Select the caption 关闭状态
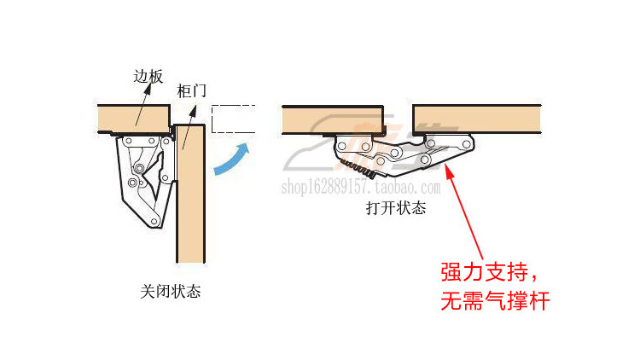(171, 291)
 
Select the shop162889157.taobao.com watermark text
(368, 188)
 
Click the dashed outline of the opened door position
(233, 119)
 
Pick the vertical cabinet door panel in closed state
(190, 196)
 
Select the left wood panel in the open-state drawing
(334, 119)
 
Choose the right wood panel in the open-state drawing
(478, 119)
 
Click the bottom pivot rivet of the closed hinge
(154, 221)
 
